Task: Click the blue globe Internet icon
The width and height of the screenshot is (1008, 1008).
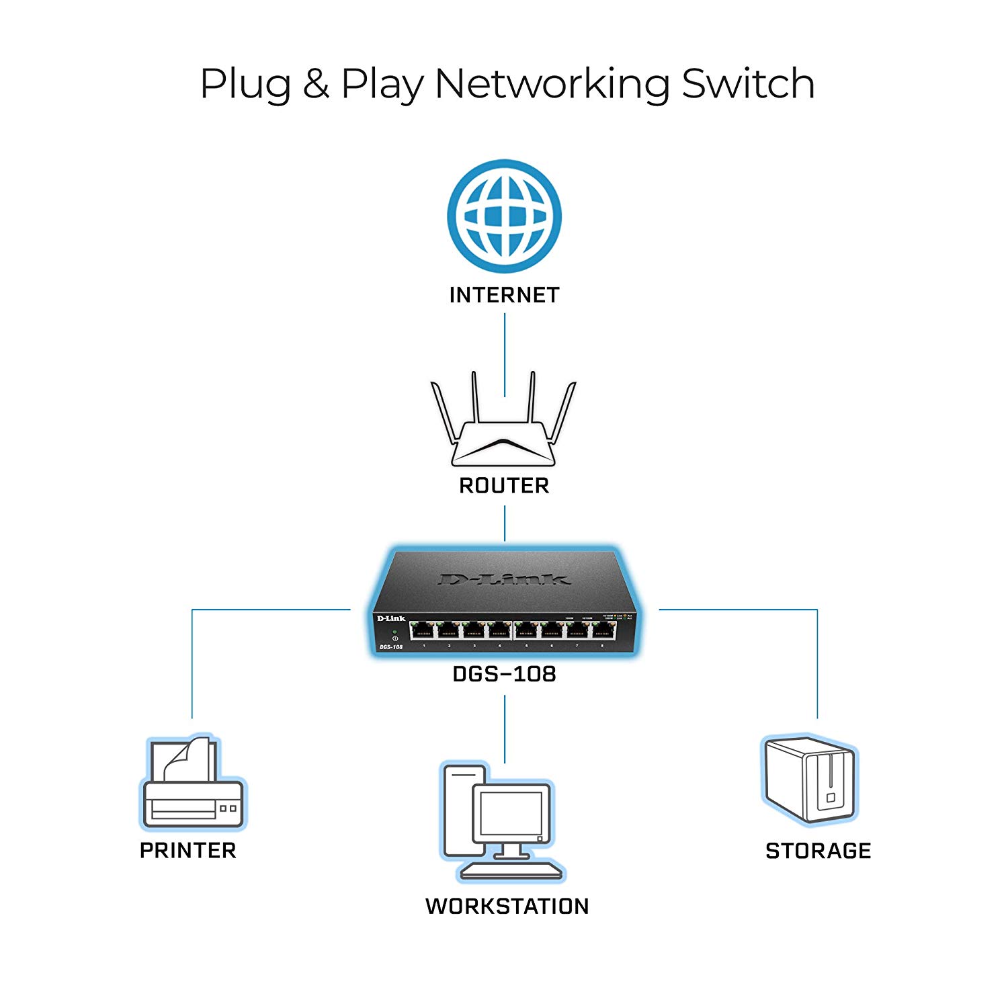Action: (x=504, y=216)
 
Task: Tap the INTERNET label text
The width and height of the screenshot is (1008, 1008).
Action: (x=504, y=295)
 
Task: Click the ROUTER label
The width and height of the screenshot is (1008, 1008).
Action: (x=504, y=485)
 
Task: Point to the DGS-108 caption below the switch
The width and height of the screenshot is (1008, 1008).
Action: (x=504, y=673)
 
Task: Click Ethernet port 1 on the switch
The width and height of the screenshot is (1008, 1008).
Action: (x=423, y=630)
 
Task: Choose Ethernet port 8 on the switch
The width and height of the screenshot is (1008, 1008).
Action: (x=603, y=630)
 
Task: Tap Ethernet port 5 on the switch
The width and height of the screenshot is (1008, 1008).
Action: (x=526, y=630)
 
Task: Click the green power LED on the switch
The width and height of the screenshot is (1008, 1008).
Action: (x=394, y=632)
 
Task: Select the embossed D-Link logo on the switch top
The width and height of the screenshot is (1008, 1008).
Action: (x=504, y=579)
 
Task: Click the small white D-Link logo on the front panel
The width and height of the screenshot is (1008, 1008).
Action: (x=390, y=618)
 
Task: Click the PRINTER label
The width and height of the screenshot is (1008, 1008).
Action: (x=188, y=850)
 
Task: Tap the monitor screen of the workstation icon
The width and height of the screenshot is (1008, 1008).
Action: (x=511, y=813)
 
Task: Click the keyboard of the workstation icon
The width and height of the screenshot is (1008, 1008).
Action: (x=511, y=871)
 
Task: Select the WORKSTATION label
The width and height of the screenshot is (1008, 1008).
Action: (x=507, y=906)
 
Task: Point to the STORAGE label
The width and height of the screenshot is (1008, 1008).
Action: (x=818, y=851)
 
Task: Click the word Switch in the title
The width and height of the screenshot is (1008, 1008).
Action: (x=747, y=84)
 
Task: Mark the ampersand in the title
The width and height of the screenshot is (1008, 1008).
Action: (x=315, y=85)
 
